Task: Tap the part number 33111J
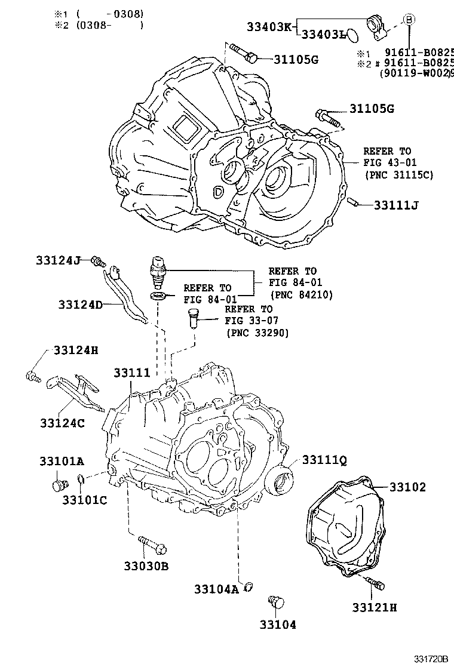(395, 205)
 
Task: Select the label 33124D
(81, 305)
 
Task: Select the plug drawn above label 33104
(276, 602)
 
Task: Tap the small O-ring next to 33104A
(249, 586)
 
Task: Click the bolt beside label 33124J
(99, 261)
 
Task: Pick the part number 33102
(407, 488)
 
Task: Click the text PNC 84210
(301, 294)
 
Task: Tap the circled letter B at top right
(409, 19)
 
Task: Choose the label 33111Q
(324, 460)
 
